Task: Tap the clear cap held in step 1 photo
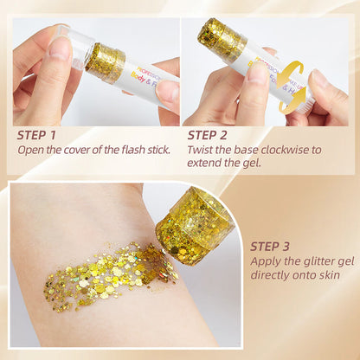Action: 74,50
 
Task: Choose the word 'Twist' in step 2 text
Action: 202,149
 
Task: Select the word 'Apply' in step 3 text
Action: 266,260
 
